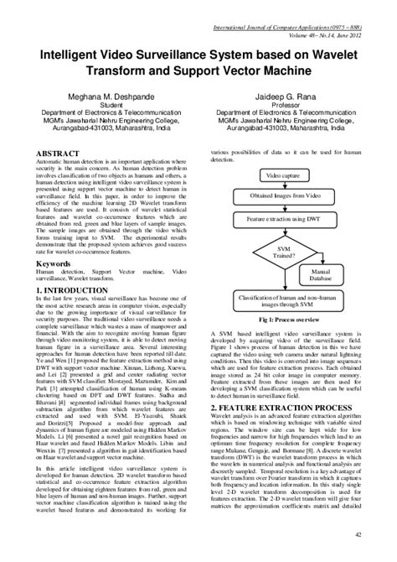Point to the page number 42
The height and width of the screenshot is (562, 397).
pos(358,533)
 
